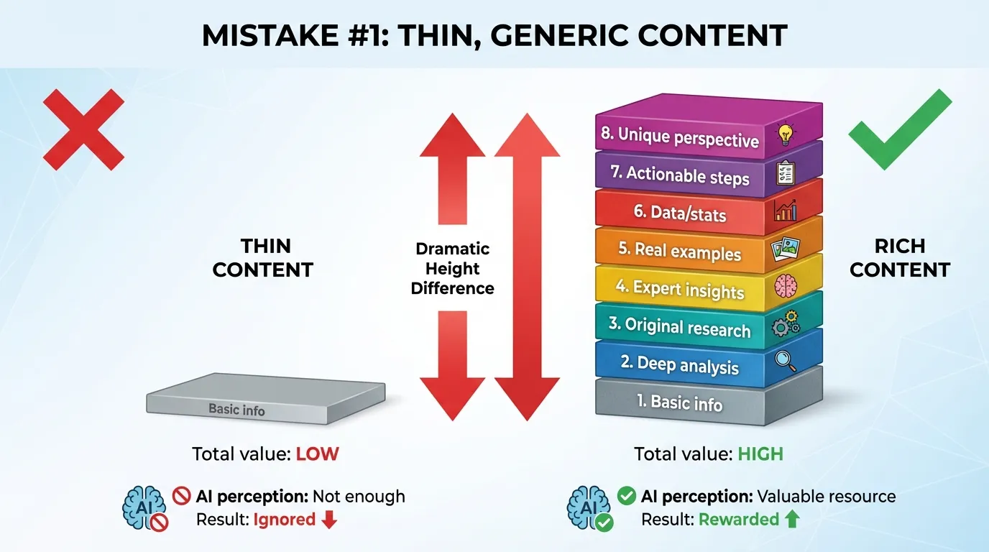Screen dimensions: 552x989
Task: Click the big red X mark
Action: (84, 129)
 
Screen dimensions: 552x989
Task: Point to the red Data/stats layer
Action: (679, 213)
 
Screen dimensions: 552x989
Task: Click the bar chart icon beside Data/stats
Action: (786, 211)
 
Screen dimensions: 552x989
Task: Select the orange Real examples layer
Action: (679, 252)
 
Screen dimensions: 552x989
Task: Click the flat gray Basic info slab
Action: (265, 400)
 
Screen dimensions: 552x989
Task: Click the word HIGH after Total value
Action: (760, 454)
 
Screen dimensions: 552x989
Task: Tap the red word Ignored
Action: (284, 520)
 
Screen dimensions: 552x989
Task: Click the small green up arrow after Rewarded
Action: (791, 520)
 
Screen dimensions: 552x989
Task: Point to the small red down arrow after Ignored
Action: (329, 520)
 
